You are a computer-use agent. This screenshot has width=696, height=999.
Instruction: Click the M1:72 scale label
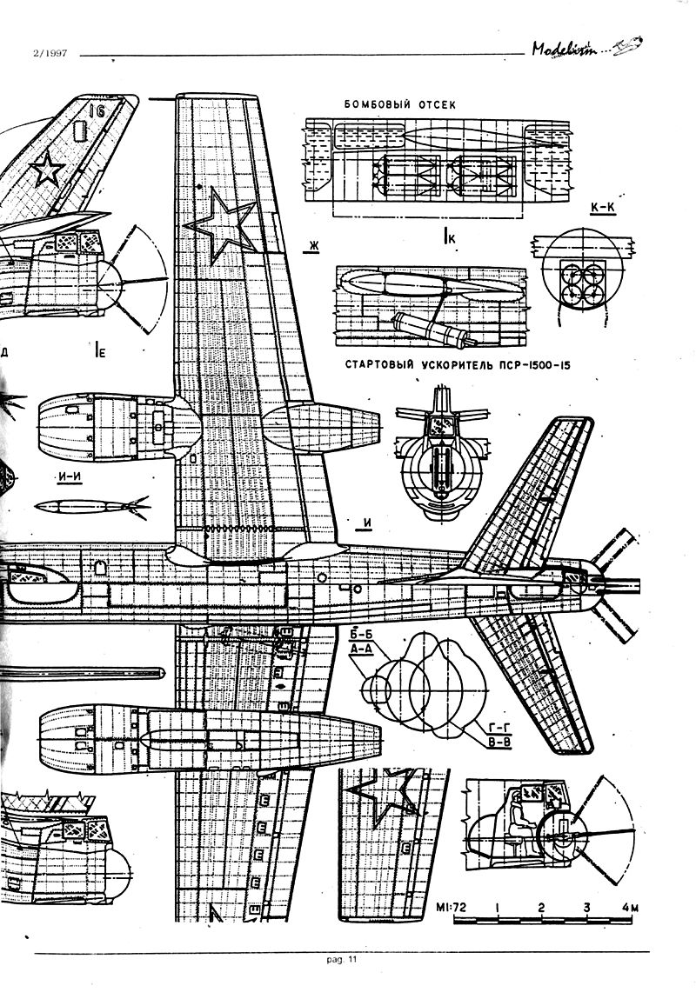450,908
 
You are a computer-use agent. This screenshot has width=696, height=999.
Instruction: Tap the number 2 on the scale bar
541,908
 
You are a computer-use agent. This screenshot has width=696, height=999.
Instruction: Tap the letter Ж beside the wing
311,247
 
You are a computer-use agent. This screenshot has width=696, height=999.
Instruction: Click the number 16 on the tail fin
96,110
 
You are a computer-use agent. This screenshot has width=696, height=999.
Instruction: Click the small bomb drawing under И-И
90,504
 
